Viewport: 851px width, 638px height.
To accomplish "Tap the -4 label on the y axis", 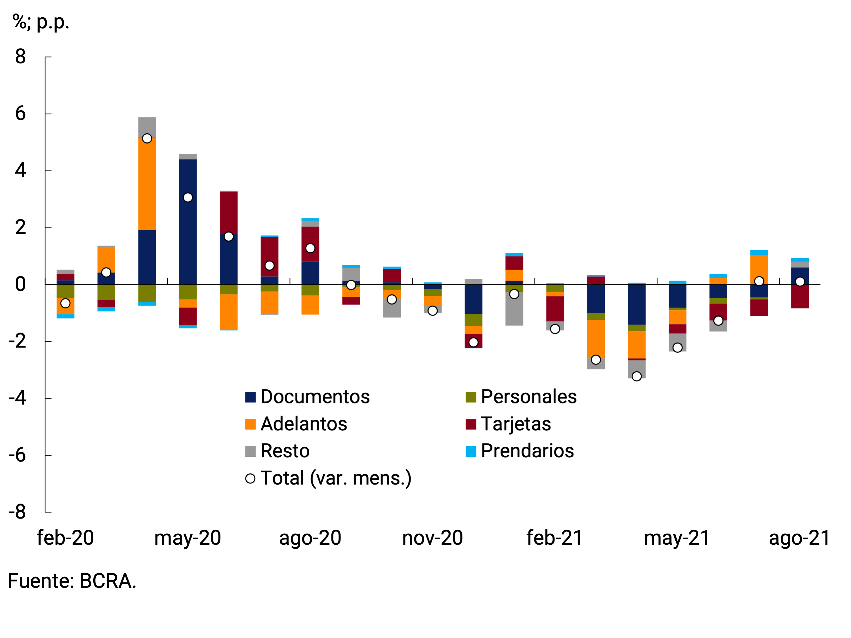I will tap(18, 398).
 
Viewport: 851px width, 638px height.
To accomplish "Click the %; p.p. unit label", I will tap(41, 22).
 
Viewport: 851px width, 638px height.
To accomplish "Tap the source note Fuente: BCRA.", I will tap(72, 581).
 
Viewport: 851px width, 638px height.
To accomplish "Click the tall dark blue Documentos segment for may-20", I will tap(188, 222).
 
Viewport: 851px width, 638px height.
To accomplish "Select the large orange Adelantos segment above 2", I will tap(147, 184).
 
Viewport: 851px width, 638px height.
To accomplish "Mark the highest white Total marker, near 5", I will tap(147, 138).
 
